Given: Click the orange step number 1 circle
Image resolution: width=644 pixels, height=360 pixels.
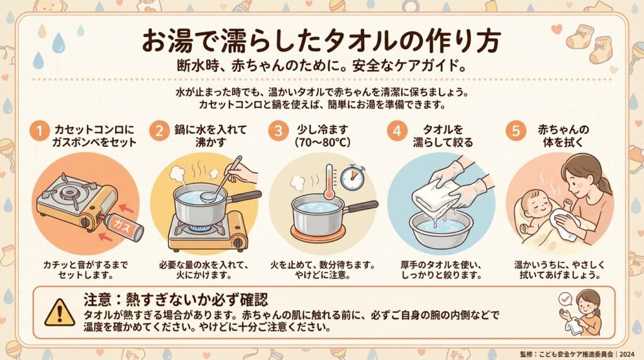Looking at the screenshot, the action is tap(40, 131).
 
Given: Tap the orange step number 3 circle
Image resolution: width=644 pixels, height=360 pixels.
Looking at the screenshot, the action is tap(279, 131).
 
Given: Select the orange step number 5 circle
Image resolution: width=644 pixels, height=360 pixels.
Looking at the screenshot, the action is tap(516, 131).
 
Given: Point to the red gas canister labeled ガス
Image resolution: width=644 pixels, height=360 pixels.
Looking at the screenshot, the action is tap(123, 227).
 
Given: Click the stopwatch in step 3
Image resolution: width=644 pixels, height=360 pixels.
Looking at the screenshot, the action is tap(352, 177).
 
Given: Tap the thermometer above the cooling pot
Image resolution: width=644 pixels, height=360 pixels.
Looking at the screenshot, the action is tap(329, 182).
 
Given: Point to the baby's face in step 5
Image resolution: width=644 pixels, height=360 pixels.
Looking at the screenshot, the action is tap(534, 203).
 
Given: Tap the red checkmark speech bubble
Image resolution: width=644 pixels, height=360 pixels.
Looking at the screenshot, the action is tap(565, 299).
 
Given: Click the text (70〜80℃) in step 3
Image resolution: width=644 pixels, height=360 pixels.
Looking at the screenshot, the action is tap(323, 143).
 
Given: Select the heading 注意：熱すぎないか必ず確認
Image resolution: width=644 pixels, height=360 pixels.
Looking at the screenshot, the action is tap(176, 300).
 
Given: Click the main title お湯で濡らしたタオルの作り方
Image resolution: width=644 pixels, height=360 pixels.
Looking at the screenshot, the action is tap(321, 41).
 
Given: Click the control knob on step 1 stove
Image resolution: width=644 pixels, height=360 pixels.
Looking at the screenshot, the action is tap(85, 222).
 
